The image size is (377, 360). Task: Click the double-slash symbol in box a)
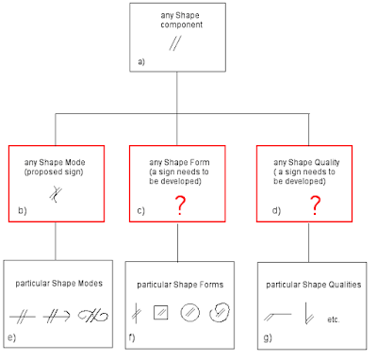click(175, 43)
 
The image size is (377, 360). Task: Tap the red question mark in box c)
click(180, 205)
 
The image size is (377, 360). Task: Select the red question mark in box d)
click(315, 205)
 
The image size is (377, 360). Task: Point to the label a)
click(141, 61)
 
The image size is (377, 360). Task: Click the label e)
click(11, 337)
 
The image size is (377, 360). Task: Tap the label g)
click(268, 338)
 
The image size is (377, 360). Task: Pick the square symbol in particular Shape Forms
click(161, 313)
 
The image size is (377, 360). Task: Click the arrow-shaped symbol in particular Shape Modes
click(57, 316)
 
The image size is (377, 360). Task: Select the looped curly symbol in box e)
click(93, 316)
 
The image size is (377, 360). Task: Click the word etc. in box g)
click(334, 319)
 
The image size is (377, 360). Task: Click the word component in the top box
click(182, 25)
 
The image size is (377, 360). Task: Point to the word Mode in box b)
click(74, 162)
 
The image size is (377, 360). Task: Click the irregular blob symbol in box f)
click(219, 313)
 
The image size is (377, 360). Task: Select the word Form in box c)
click(200, 162)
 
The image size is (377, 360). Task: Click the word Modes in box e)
click(90, 284)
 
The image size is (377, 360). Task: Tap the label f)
click(132, 337)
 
